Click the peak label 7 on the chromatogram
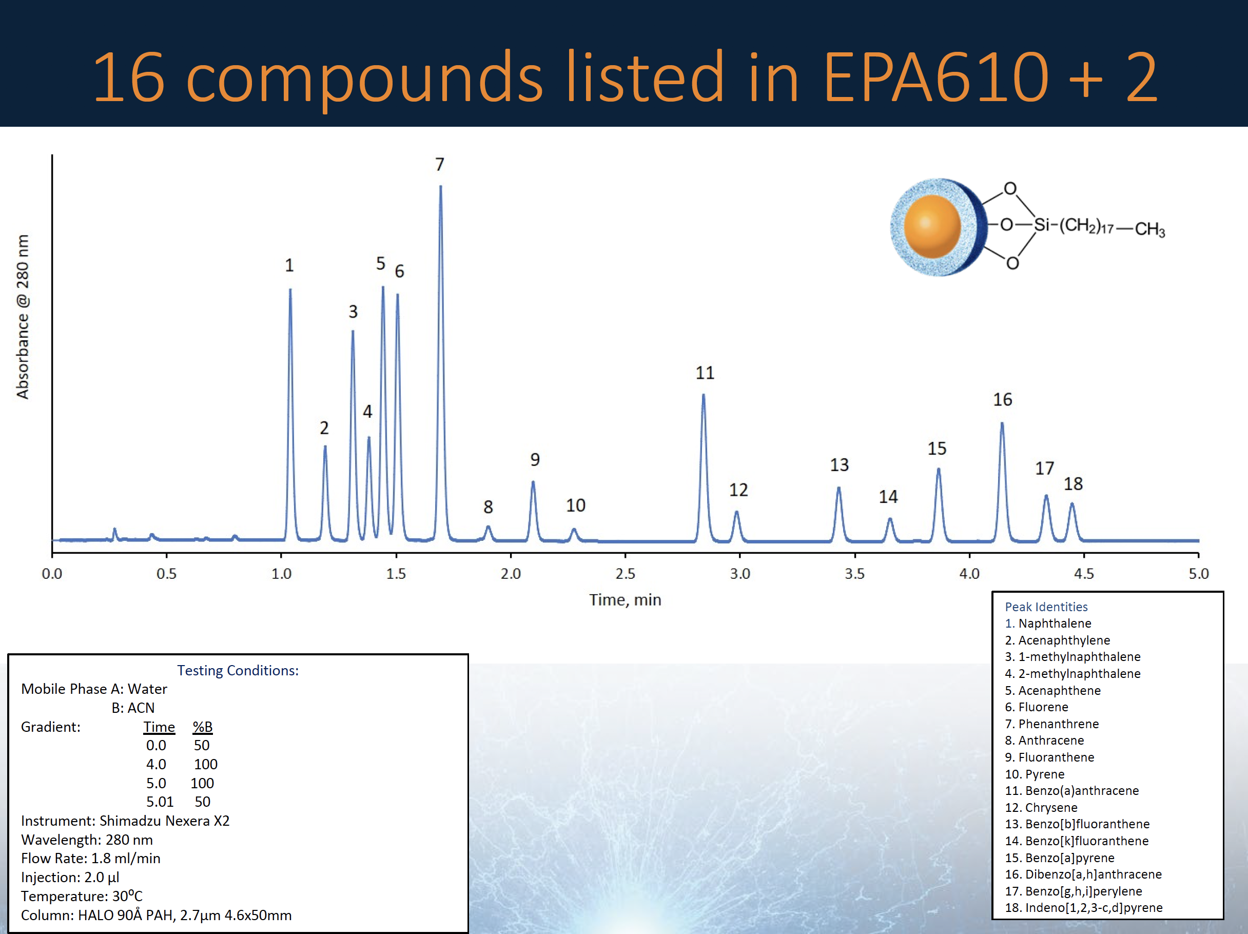(439, 164)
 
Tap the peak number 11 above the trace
(705, 373)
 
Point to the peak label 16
(1003, 400)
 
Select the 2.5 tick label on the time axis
(625, 573)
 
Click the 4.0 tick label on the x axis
(969, 573)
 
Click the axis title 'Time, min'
(625, 599)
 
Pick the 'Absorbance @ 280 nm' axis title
(23, 317)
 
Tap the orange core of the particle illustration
(932, 226)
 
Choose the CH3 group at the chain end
(1150, 229)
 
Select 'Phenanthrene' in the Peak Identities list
(1059, 724)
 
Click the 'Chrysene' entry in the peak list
(1051, 808)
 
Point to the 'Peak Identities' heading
(1046, 607)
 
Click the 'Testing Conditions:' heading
(238, 670)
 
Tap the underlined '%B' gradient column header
(203, 727)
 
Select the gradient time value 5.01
(160, 802)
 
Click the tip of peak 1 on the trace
(290, 289)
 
